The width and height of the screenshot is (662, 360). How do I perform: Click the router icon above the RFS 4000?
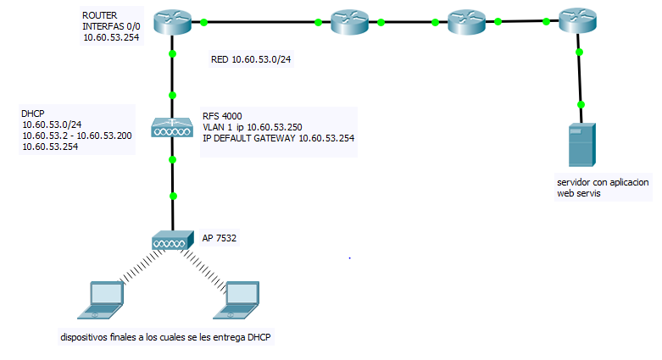click(x=173, y=20)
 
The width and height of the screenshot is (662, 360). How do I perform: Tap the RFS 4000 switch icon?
click(x=172, y=128)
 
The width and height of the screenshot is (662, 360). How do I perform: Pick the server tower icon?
click(x=581, y=145)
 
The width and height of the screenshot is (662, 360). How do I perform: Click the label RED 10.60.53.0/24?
click(x=251, y=59)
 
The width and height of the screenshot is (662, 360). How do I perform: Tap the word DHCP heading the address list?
click(x=33, y=114)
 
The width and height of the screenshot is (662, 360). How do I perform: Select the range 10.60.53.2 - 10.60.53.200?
click(x=76, y=136)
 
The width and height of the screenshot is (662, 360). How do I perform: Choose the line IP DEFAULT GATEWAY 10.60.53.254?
click(x=278, y=137)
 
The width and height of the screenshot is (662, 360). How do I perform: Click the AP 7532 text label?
click(x=219, y=239)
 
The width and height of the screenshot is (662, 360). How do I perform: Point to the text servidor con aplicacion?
click(x=602, y=183)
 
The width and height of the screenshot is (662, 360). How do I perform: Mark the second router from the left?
click(x=348, y=23)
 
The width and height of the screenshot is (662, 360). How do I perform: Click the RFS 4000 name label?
click(x=222, y=115)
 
